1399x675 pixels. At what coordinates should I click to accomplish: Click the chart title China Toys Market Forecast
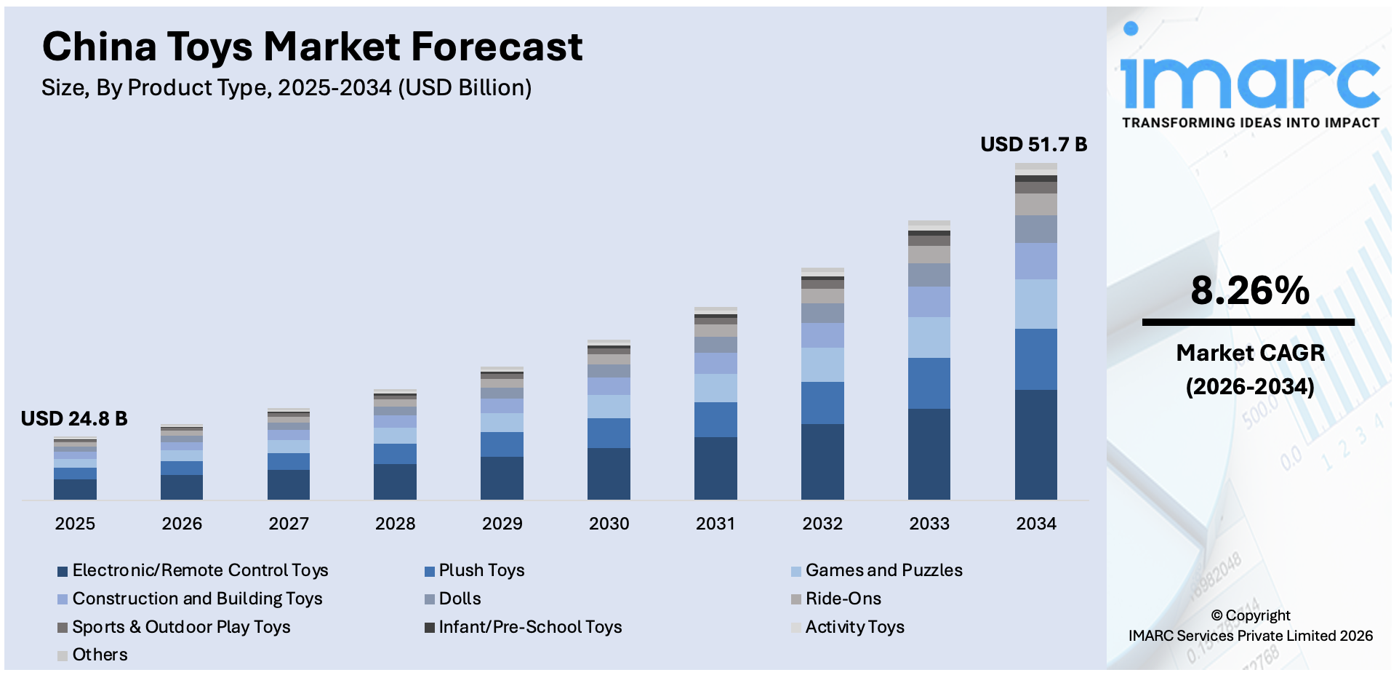click(312, 47)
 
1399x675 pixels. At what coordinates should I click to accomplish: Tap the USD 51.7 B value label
click(1033, 144)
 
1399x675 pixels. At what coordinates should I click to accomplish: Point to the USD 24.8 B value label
click(74, 418)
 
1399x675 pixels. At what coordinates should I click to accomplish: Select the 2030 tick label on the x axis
click(609, 523)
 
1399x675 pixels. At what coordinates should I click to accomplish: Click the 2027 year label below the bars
click(289, 523)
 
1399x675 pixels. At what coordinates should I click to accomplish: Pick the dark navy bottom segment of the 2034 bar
click(1035, 444)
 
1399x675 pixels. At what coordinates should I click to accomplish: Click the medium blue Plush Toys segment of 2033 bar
click(929, 383)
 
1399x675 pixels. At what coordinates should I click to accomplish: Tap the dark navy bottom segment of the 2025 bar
click(75, 489)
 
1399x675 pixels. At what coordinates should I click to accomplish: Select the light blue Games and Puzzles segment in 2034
click(1035, 304)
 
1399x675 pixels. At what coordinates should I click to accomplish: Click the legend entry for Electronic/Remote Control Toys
click(200, 570)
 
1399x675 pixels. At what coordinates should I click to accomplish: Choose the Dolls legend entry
click(460, 599)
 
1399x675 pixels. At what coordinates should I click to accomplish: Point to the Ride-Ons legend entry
click(843, 599)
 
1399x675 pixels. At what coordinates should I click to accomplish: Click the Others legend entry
click(100, 655)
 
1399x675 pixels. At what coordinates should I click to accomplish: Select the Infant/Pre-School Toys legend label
click(530, 627)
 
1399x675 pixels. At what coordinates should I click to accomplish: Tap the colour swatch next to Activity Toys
click(796, 628)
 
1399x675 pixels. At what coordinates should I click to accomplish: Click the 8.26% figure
click(1249, 290)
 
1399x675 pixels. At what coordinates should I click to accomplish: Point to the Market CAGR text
click(1250, 353)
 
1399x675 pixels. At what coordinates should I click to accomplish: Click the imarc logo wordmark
click(1249, 81)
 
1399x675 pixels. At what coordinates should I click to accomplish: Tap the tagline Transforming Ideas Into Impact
click(1250, 123)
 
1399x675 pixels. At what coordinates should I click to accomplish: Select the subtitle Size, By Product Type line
click(286, 88)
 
